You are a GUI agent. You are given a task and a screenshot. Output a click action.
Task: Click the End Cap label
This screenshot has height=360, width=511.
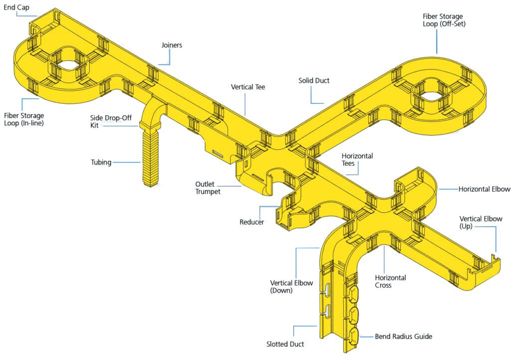pos(16,7)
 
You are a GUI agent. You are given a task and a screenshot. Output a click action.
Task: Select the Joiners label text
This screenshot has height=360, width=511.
pos(172,45)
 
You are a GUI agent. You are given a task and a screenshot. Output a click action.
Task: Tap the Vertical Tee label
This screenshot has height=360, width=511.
pos(248,87)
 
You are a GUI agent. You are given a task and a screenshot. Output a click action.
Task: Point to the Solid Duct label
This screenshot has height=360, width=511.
pos(314,80)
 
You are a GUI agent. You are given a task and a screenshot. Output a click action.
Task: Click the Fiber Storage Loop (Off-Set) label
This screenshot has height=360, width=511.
pos(444,19)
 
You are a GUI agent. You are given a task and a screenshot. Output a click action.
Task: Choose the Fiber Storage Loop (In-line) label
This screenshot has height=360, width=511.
pos(23,119)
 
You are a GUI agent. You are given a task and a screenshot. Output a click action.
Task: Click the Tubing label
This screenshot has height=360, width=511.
pos(101,162)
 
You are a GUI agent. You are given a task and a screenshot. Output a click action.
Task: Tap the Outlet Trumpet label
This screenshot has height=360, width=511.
pos(208,188)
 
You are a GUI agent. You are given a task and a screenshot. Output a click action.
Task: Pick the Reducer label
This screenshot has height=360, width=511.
pos(252,222)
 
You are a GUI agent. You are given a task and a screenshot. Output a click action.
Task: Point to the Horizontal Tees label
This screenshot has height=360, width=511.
pos(357,160)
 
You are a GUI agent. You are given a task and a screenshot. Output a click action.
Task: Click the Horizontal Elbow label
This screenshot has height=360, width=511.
pos(484,189)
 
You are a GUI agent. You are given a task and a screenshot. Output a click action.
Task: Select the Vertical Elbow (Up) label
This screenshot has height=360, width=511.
pos(481,223)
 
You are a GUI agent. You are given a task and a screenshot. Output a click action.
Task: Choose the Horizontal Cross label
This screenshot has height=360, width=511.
pos(390,281)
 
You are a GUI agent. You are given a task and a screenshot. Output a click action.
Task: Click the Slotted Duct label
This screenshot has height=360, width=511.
pos(285,345)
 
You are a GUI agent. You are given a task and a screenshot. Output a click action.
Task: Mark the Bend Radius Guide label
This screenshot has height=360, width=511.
pos(403,337)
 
